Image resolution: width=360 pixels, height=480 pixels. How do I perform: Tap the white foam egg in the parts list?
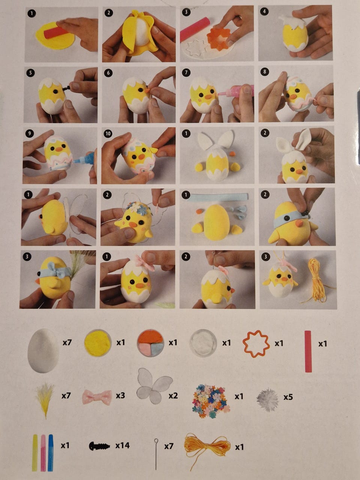click(x=43, y=351)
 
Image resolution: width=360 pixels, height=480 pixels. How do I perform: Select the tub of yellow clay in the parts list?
click(x=98, y=343)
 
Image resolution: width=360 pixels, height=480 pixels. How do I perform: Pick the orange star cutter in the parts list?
click(x=256, y=344)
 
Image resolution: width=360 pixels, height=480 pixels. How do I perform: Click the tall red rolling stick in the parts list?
click(x=308, y=351)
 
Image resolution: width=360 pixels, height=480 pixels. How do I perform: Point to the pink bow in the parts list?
click(x=97, y=397)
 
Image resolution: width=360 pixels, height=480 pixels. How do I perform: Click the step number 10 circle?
click(x=108, y=133)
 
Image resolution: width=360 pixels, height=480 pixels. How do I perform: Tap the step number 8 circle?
click(x=264, y=72)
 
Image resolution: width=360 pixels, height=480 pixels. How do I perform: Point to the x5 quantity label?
click(x=288, y=397)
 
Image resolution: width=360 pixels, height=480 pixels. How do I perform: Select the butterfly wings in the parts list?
click(x=154, y=387)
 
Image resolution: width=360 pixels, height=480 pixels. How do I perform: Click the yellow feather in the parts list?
click(x=45, y=400)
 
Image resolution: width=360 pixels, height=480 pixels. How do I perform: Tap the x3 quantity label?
click(x=120, y=395)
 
